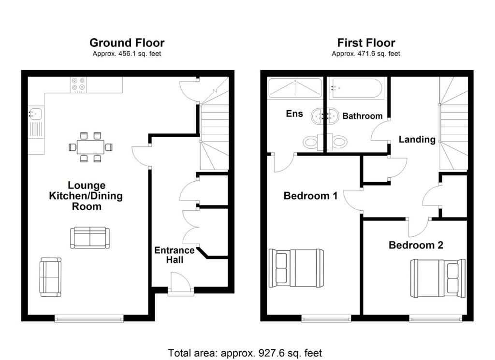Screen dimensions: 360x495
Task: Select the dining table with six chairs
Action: pyautogui.click(x=90, y=146)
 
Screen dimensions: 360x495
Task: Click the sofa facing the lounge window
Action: pyautogui.click(x=50, y=276)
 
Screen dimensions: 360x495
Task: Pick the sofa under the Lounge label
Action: pyautogui.click(x=90, y=238)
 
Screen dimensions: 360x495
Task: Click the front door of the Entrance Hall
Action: pyautogui.click(x=181, y=284)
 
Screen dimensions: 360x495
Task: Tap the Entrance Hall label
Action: pyautogui.click(x=174, y=255)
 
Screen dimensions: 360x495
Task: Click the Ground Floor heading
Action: pyautogui.click(x=127, y=43)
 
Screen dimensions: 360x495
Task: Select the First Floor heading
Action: pyautogui.click(x=366, y=43)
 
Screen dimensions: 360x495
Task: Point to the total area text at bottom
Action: pyautogui.click(x=245, y=353)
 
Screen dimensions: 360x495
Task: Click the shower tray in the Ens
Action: pyautogui.click(x=295, y=88)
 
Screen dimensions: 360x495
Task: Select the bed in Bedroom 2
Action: pyautogui.click(x=438, y=278)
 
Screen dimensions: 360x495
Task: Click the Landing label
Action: pyautogui.click(x=417, y=139)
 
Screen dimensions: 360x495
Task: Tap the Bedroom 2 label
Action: pyautogui.click(x=416, y=245)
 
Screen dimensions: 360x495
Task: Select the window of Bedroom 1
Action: pyautogui.click(x=326, y=318)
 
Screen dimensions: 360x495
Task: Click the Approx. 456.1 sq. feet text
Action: pyautogui.click(x=127, y=54)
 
